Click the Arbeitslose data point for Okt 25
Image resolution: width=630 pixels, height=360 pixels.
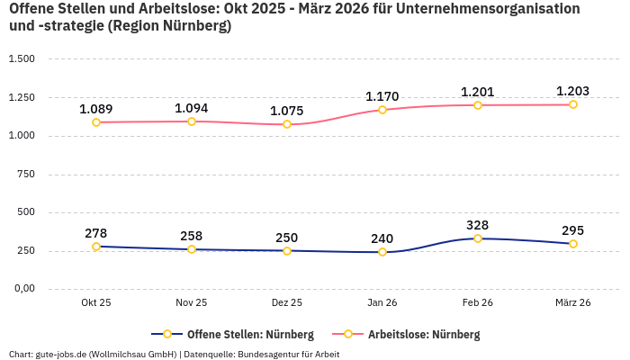pos(96,122)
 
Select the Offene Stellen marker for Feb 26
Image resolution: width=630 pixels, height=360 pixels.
pos(478,238)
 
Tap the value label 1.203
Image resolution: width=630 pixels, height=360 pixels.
pos(572,91)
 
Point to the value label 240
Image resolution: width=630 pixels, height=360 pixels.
pos(382,238)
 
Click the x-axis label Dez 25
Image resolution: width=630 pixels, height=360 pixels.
pos(287,302)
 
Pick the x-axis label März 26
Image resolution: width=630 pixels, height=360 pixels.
pos(572,302)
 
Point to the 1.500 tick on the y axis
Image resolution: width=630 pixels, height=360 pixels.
pos(22,59)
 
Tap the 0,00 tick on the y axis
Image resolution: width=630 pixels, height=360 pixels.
pos(23,289)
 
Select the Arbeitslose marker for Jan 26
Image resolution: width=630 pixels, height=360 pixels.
pos(382,110)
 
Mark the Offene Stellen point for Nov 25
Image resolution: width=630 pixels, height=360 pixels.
pos(192,249)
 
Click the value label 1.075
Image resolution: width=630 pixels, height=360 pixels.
pos(287,111)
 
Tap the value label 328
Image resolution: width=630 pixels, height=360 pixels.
pos(478,225)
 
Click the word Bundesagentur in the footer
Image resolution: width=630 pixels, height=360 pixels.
pos(268,354)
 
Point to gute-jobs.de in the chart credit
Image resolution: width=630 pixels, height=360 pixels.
pos(62,354)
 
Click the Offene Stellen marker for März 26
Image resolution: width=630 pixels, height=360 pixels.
pos(573,244)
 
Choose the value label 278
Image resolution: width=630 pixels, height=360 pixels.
pos(96,233)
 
